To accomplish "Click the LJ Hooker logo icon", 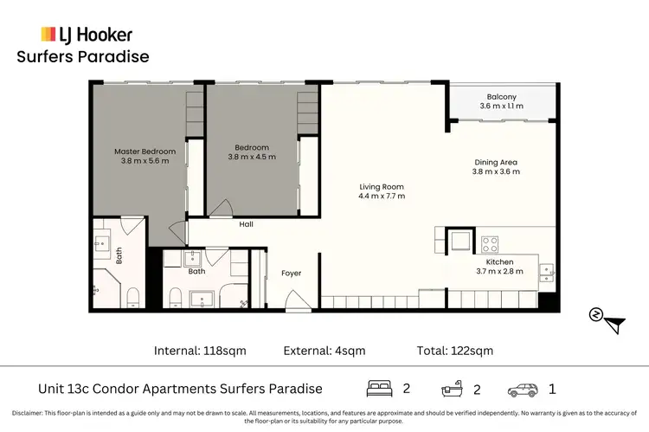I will tap(49, 35).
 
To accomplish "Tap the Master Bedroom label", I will tap(140, 152).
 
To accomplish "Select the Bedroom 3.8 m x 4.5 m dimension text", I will tap(252, 158).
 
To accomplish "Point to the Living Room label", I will tap(382, 186).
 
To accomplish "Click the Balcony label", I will tap(502, 97).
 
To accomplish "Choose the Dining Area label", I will tap(498, 161).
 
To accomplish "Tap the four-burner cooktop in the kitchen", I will tap(490, 243).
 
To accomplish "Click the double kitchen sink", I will tap(547, 273).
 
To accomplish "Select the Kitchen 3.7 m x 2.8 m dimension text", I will tap(499, 272).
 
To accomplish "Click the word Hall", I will tap(247, 224).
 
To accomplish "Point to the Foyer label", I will tap(292, 274).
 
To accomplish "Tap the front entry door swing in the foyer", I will tap(297, 300).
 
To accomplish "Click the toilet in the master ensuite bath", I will tap(133, 298).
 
